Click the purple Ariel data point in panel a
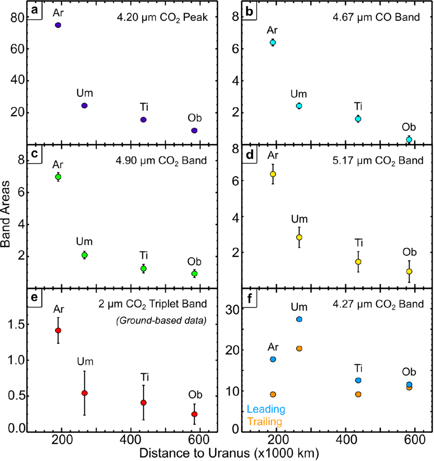click(x=58, y=25)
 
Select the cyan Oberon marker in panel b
click(x=409, y=140)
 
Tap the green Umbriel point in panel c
click(x=84, y=255)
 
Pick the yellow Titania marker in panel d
click(x=358, y=262)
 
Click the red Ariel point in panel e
click(x=58, y=331)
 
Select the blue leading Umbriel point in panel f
click(x=299, y=319)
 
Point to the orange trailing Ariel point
click(x=273, y=395)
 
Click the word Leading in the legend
click(x=266, y=409)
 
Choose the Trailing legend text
click(x=264, y=421)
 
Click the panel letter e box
click(x=35, y=298)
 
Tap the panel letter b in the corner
click(x=249, y=11)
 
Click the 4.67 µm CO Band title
click(x=376, y=17)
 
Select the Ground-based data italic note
click(x=161, y=320)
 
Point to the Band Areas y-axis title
click(x=6, y=214)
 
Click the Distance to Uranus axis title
click(x=229, y=453)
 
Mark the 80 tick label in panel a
click(x=17, y=18)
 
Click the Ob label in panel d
click(x=410, y=252)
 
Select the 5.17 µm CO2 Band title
click(x=378, y=161)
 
